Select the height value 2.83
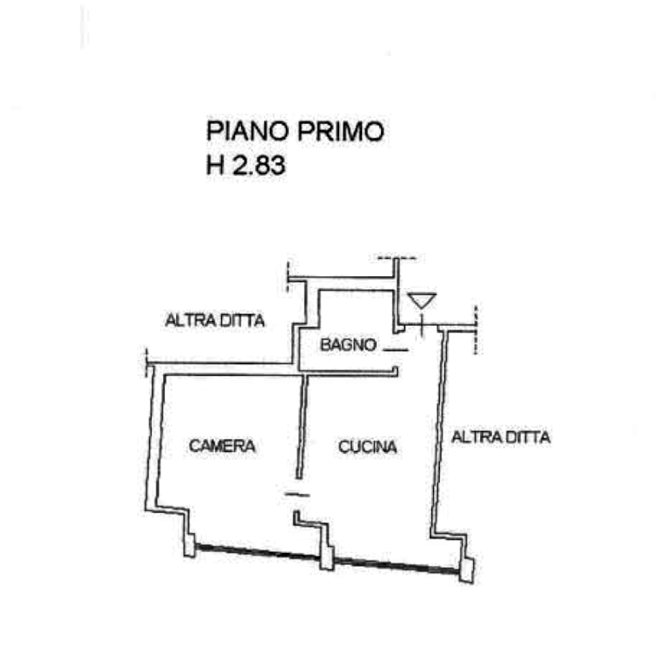tap(258, 164)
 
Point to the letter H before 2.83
tap(216, 164)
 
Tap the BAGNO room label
tap(349, 344)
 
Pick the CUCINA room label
tap(367, 446)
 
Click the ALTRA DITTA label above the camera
tap(215, 321)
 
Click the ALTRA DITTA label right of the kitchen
tap(501, 438)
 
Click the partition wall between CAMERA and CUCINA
tap(300, 427)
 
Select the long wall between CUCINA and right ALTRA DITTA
tap(440, 427)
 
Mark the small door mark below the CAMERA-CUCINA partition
tap(296, 495)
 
